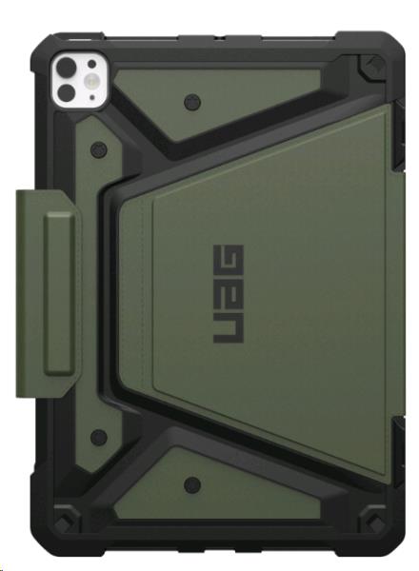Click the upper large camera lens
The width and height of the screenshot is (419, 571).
tap(67, 68)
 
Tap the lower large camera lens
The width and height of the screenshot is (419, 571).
tap(67, 92)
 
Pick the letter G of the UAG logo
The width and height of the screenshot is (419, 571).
tap(229, 260)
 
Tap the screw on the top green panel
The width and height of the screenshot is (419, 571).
tap(192, 102)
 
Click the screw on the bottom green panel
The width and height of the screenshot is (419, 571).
tap(192, 484)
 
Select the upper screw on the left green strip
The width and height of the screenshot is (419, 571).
tap(99, 149)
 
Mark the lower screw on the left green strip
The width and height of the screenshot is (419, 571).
tap(99, 437)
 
